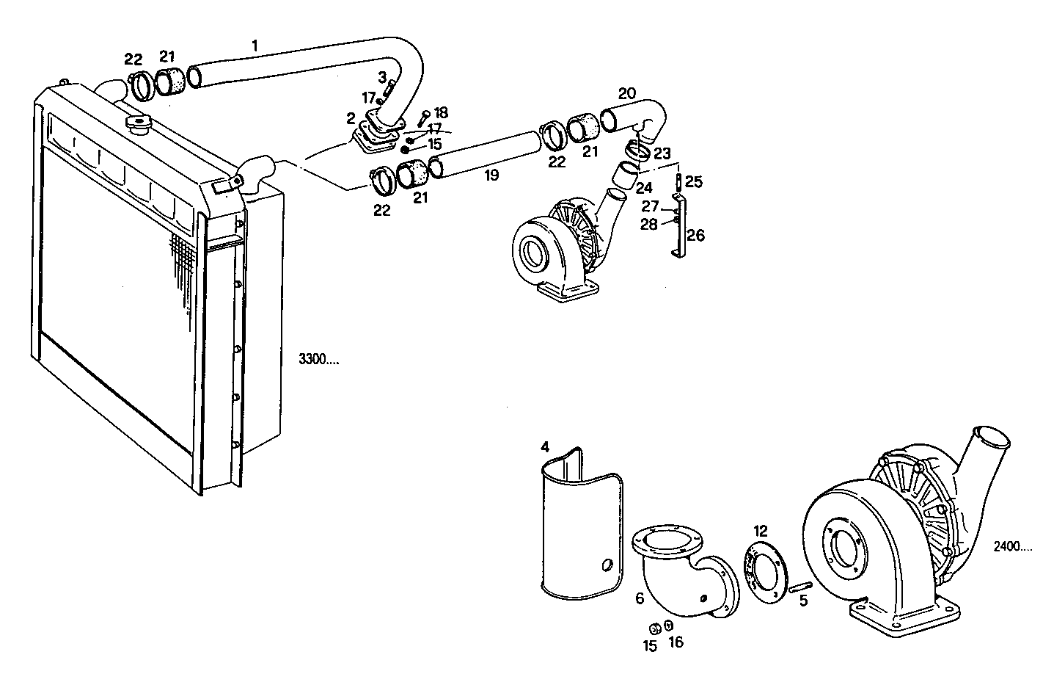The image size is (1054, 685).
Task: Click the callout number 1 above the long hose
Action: click(255, 46)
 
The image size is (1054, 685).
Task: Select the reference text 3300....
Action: click(318, 360)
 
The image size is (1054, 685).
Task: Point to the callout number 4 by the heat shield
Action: click(545, 446)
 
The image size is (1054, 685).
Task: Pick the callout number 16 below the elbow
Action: click(676, 642)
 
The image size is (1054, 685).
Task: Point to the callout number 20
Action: click(627, 93)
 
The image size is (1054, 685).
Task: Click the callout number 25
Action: click(694, 181)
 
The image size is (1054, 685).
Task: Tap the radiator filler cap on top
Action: click(138, 122)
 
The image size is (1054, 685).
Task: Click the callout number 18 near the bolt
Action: click(440, 112)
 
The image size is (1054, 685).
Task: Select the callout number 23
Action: click(662, 154)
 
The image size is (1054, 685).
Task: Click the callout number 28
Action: click(648, 225)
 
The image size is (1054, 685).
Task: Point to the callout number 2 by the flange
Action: click(351, 117)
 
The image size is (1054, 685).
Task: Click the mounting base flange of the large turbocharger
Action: click(904, 616)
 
